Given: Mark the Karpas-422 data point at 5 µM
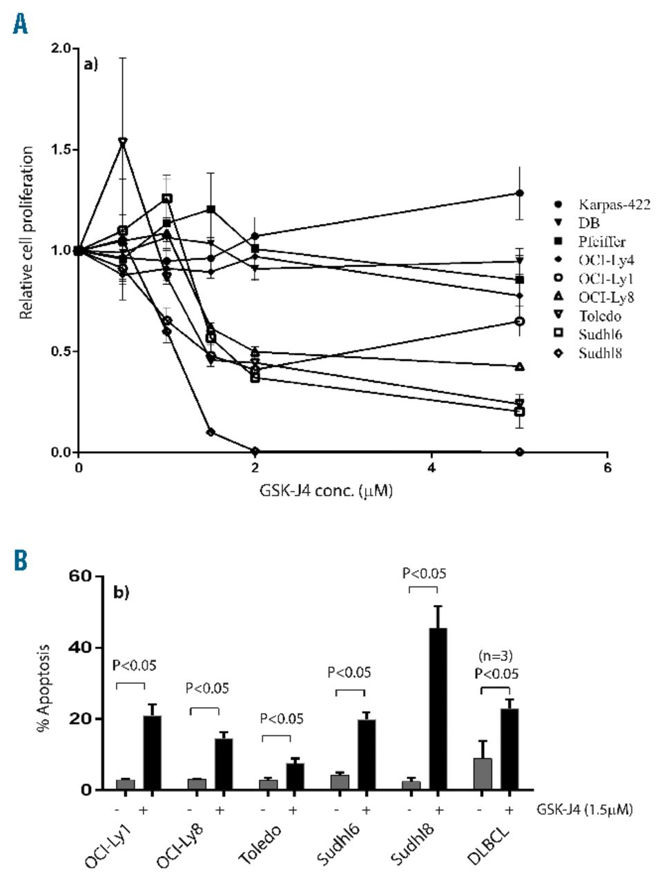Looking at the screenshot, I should (519, 193).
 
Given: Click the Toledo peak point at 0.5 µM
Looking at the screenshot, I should (123, 141).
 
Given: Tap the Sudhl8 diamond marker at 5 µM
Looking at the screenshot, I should (519, 452).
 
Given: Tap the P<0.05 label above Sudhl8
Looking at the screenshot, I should (424, 573).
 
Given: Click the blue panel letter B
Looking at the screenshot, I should (21, 560).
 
